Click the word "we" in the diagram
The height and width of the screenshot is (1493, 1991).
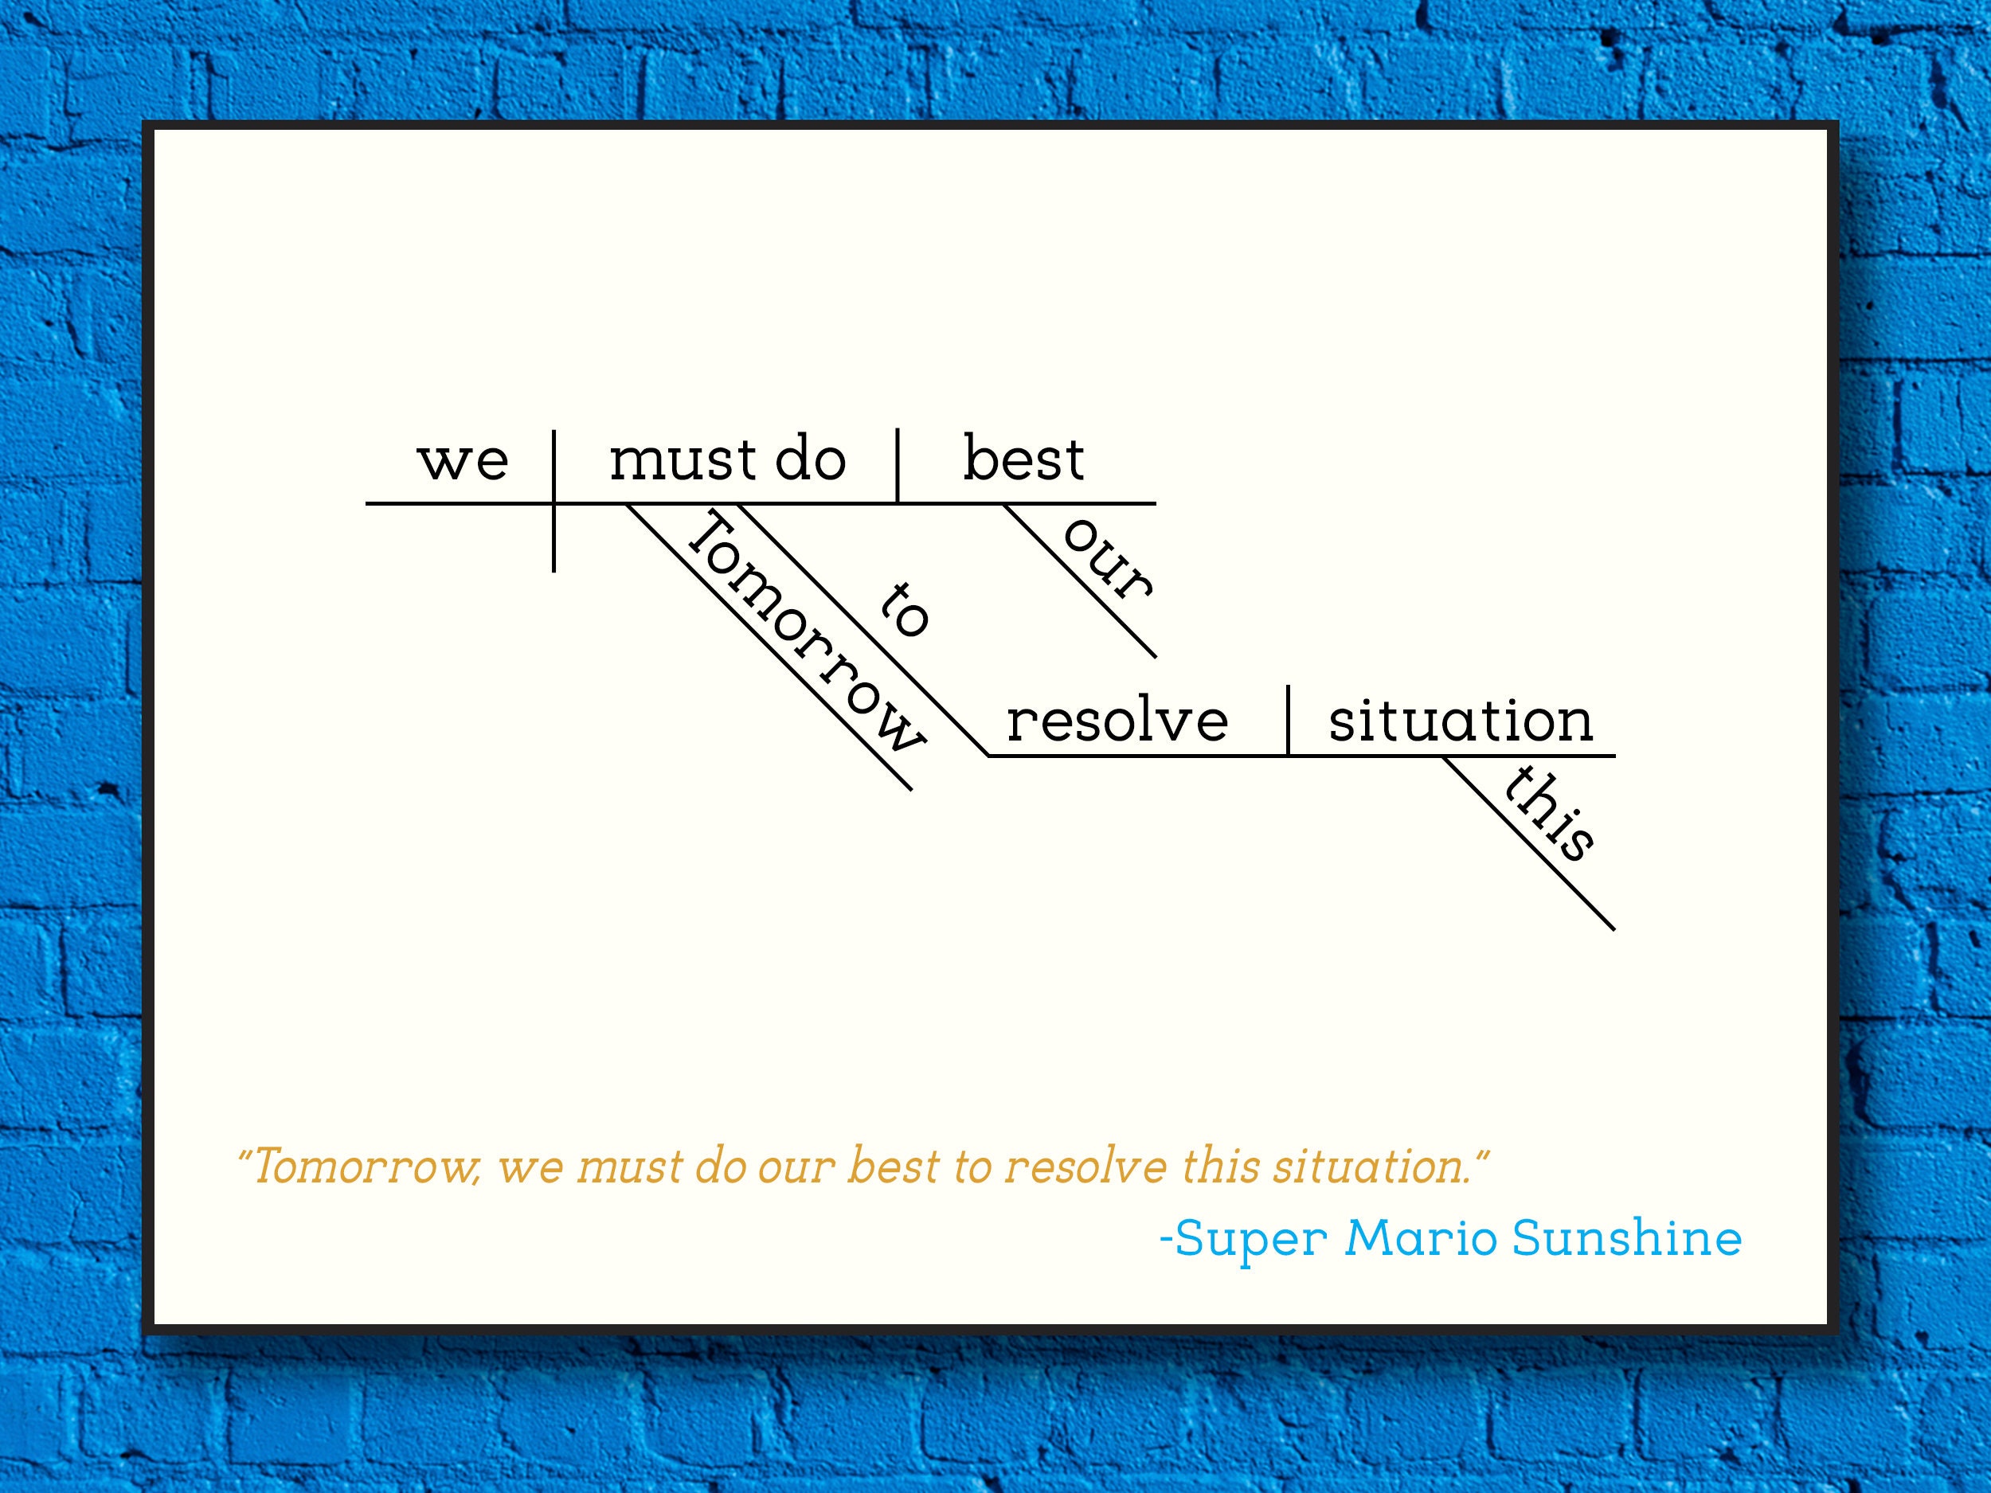coord(463,461)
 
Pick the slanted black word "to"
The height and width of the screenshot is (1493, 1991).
coord(904,610)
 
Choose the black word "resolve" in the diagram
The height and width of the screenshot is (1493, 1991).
coord(1116,721)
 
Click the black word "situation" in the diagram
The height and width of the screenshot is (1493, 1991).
coord(1461,721)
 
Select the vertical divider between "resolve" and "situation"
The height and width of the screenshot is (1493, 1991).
coord(1288,720)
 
